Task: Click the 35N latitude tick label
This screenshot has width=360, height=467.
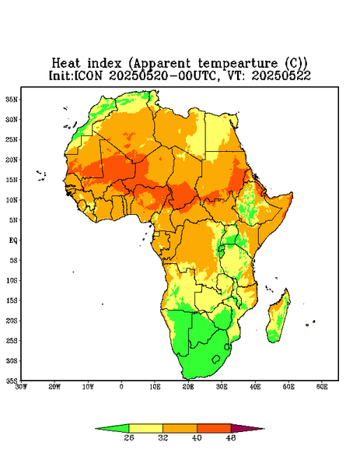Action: pyautogui.click(x=12, y=100)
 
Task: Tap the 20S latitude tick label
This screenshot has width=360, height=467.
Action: pyautogui.click(x=12, y=321)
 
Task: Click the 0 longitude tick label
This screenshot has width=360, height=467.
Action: pyautogui.click(x=121, y=387)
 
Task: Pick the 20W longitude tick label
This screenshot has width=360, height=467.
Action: pyautogui.click(x=54, y=387)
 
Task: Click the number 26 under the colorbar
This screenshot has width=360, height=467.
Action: pyautogui.click(x=129, y=437)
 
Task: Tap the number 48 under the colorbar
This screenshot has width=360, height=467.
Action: pyautogui.click(x=231, y=437)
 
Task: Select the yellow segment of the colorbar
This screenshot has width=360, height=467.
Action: pyautogui.click(x=145, y=428)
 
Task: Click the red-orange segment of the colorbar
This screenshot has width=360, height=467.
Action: pyautogui.click(x=214, y=428)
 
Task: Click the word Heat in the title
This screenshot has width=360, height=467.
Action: pyautogui.click(x=66, y=64)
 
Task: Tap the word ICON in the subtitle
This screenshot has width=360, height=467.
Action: pyautogui.click(x=88, y=75)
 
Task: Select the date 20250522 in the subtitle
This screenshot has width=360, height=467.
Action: pyautogui.click(x=281, y=75)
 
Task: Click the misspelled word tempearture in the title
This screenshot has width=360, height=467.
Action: pyautogui.click(x=238, y=64)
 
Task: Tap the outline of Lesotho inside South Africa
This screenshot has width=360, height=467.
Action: pyautogui.click(x=216, y=359)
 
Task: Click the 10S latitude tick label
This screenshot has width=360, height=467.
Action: pyautogui.click(x=12, y=280)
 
